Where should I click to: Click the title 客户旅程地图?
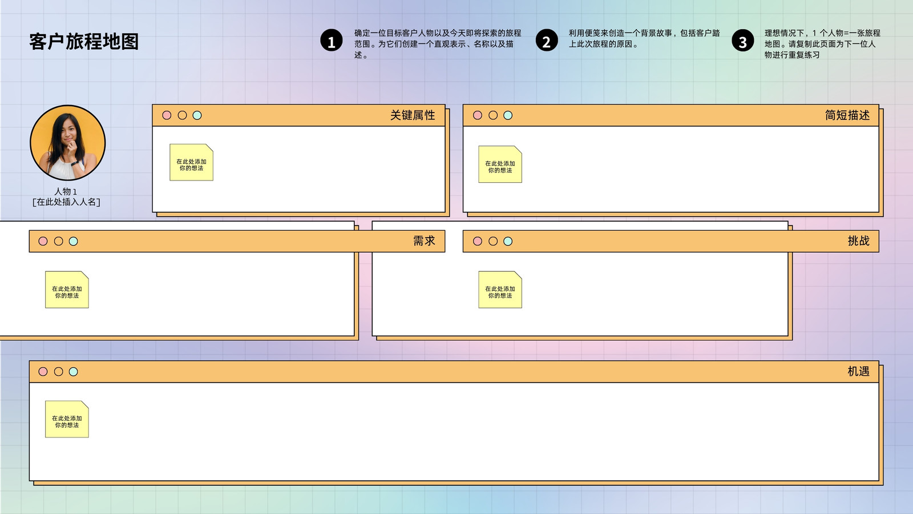84,42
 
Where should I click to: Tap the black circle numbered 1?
332,41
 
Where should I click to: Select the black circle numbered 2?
547,41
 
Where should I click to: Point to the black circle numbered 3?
742,41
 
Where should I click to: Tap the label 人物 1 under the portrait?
66,191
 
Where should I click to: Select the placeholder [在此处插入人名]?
66,202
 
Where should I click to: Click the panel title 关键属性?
413,115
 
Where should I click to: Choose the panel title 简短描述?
847,115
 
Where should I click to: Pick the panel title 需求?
424,241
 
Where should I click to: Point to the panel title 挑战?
858,241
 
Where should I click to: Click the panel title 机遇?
858,371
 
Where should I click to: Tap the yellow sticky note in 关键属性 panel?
192,162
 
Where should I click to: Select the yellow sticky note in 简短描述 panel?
500,164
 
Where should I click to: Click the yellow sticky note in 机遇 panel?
67,419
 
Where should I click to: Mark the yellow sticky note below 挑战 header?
500,290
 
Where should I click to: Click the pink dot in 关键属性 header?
167,115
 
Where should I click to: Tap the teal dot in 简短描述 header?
508,115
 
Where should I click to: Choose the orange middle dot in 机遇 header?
58,372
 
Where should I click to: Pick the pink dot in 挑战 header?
477,242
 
